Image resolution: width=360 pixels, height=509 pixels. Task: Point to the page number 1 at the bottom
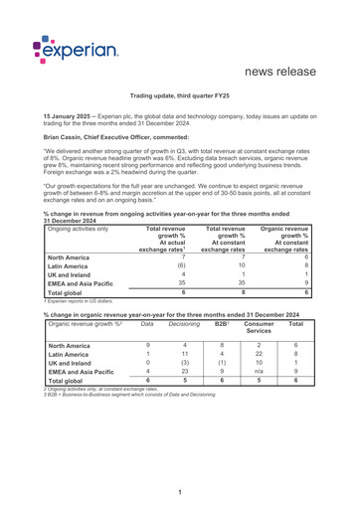[180, 491]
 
